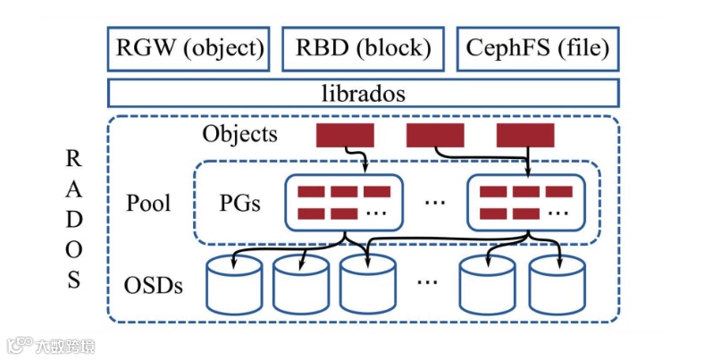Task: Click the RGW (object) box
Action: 188,49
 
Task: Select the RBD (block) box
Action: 363,49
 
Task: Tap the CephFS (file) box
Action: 538,49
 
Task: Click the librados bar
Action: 363,93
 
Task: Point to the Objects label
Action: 239,135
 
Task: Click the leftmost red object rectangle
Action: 345,136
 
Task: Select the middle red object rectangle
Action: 435,136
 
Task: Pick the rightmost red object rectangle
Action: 525,136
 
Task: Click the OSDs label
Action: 154,286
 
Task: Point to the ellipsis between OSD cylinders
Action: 427,283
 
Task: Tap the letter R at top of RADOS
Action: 74,159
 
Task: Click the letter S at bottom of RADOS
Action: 74,280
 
